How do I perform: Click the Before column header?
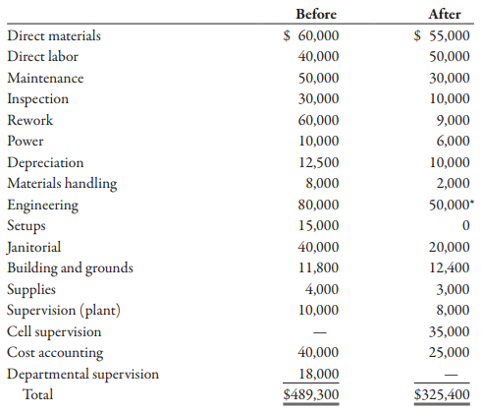(316, 14)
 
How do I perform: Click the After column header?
(445, 14)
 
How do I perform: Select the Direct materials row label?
(54, 35)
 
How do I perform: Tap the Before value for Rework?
(318, 120)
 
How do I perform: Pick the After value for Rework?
(454, 120)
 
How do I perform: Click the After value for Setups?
(466, 225)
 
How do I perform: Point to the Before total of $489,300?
(311, 394)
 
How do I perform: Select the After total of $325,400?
(442, 394)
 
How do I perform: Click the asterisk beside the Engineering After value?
(472, 201)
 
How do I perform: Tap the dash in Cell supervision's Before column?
(320, 332)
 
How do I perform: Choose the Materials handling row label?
(62, 184)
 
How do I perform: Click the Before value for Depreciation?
(319, 162)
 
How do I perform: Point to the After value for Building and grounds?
(450, 267)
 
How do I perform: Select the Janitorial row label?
(33, 247)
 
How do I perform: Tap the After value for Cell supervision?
(450, 331)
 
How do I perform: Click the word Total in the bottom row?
(37, 394)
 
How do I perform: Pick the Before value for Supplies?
(322, 289)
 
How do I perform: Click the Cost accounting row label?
(55, 353)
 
